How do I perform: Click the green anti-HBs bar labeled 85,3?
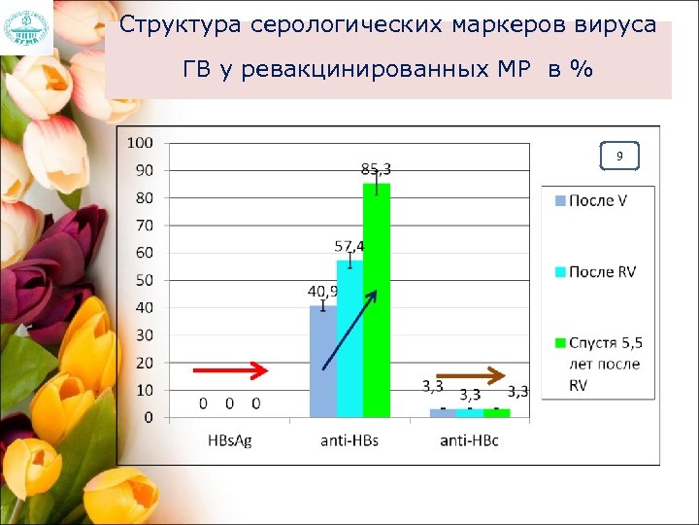[x=377, y=300]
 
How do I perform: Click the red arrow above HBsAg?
[x=230, y=370]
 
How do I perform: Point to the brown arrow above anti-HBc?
[x=470, y=374]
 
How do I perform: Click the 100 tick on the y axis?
[x=141, y=142]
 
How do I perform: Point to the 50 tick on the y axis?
[x=143, y=280]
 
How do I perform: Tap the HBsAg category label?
[x=230, y=441]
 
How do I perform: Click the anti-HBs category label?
[x=349, y=441]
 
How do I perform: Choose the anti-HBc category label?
[x=470, y=441]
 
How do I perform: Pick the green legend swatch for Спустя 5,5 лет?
[x=559, y=343]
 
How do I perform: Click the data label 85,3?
[x=376, y=169]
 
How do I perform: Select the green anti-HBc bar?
[x=496, y=413]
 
